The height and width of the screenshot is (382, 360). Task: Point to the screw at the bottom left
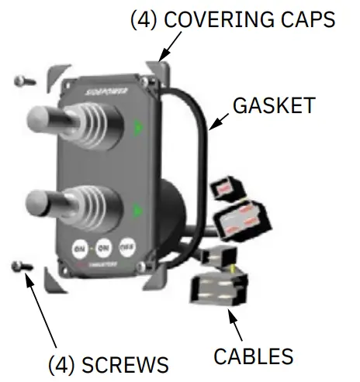pos(21,267)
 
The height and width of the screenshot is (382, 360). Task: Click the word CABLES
pos(254,356)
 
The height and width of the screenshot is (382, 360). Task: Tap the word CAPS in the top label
pos(306,19)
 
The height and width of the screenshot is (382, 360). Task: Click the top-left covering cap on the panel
pos(57,77)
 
